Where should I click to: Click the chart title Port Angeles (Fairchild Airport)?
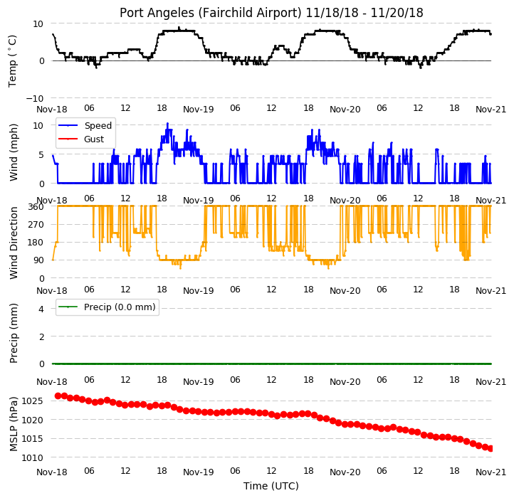click(210, 13)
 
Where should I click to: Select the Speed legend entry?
click(85, 125)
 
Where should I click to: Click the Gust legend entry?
click(81, 139)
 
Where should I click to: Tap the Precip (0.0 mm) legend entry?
click(107, 307)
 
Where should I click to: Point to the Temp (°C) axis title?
click(12, 61)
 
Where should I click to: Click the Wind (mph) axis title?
click(13, 152)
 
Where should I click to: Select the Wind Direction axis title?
click(13, 243)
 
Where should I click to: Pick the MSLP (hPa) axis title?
click(13, 424)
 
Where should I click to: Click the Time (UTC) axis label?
click(271, 485)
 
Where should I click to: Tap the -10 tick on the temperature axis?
click(34, 98)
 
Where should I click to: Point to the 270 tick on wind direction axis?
click(37, 225)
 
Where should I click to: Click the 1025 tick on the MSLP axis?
click(32, 401)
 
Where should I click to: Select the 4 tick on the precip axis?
click(41, 309)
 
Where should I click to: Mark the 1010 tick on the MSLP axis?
click(32, 457)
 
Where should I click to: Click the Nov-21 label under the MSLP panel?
click(491, 472)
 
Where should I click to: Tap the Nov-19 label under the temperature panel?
click(199, 110)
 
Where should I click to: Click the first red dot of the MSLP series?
click(58, 396)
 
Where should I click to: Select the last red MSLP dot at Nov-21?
click(491, 448)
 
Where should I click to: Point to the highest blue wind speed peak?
click(167, 124)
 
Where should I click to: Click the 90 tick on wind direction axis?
click(39, 260)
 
